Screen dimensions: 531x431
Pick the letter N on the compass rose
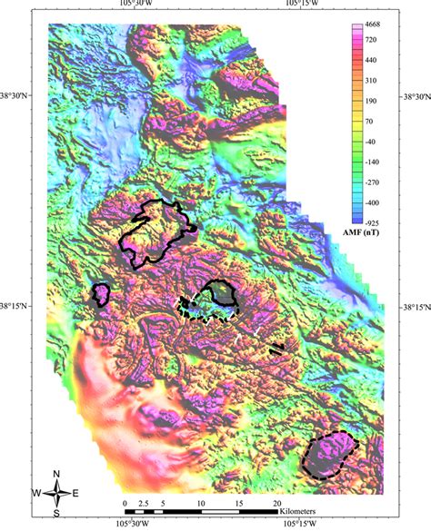pos(57,474)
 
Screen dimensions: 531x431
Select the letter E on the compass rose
pos(76,494)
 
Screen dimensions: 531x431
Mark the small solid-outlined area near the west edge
pos(101,294)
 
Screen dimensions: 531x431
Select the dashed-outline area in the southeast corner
pos(328,454)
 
